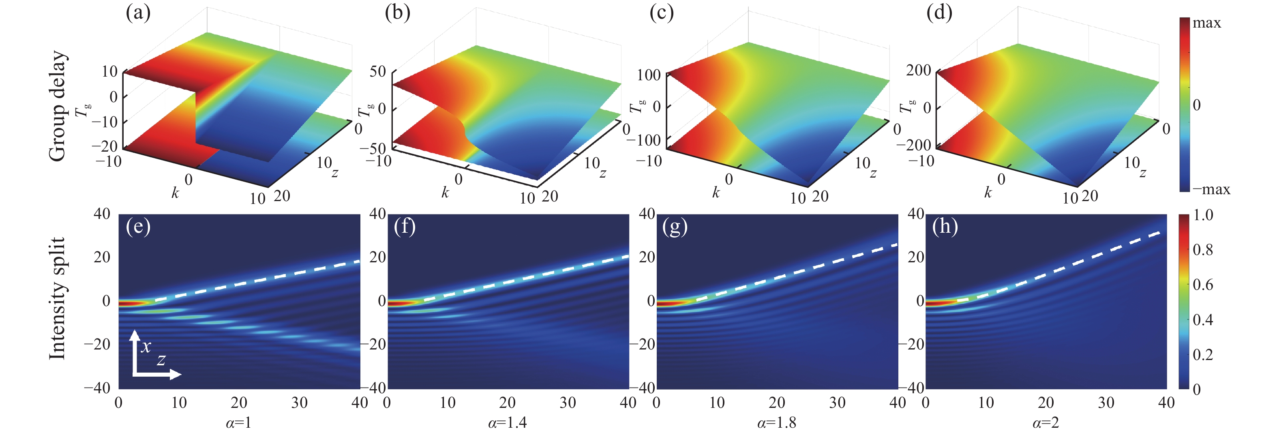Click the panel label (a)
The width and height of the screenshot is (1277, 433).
(x=138, y=13)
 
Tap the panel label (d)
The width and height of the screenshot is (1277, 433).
(x=939, y=13)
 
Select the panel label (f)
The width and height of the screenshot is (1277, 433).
(x=405, y=227)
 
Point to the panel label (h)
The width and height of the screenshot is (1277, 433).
(x=945, y=227)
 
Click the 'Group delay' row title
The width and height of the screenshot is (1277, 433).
(x=58, y=106)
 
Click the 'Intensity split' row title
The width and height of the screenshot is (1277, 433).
(x=58, y=298)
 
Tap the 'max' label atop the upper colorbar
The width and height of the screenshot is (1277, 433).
(x=1206, y=23)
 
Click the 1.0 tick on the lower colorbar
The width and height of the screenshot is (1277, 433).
(x=1203, y=215)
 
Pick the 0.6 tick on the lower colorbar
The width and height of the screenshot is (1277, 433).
(x=1203, y=285)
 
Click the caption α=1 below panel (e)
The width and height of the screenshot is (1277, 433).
(x=239, y=422)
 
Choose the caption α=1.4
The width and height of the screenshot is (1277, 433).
(x=508, y=422)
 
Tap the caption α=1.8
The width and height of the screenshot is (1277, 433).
(x=777, y=422)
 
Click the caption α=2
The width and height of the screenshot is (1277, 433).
(x=1046, y=422)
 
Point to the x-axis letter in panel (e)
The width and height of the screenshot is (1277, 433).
(x=146, y=346)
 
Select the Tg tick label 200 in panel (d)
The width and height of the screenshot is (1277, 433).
(x=919, y=71)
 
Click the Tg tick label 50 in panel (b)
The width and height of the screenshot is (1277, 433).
(x=378, y=71)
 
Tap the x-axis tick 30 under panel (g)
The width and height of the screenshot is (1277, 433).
(x=837, y=403)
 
